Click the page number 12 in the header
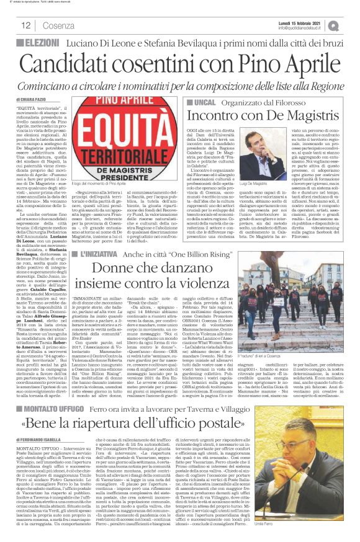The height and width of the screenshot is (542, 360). point(27,25)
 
